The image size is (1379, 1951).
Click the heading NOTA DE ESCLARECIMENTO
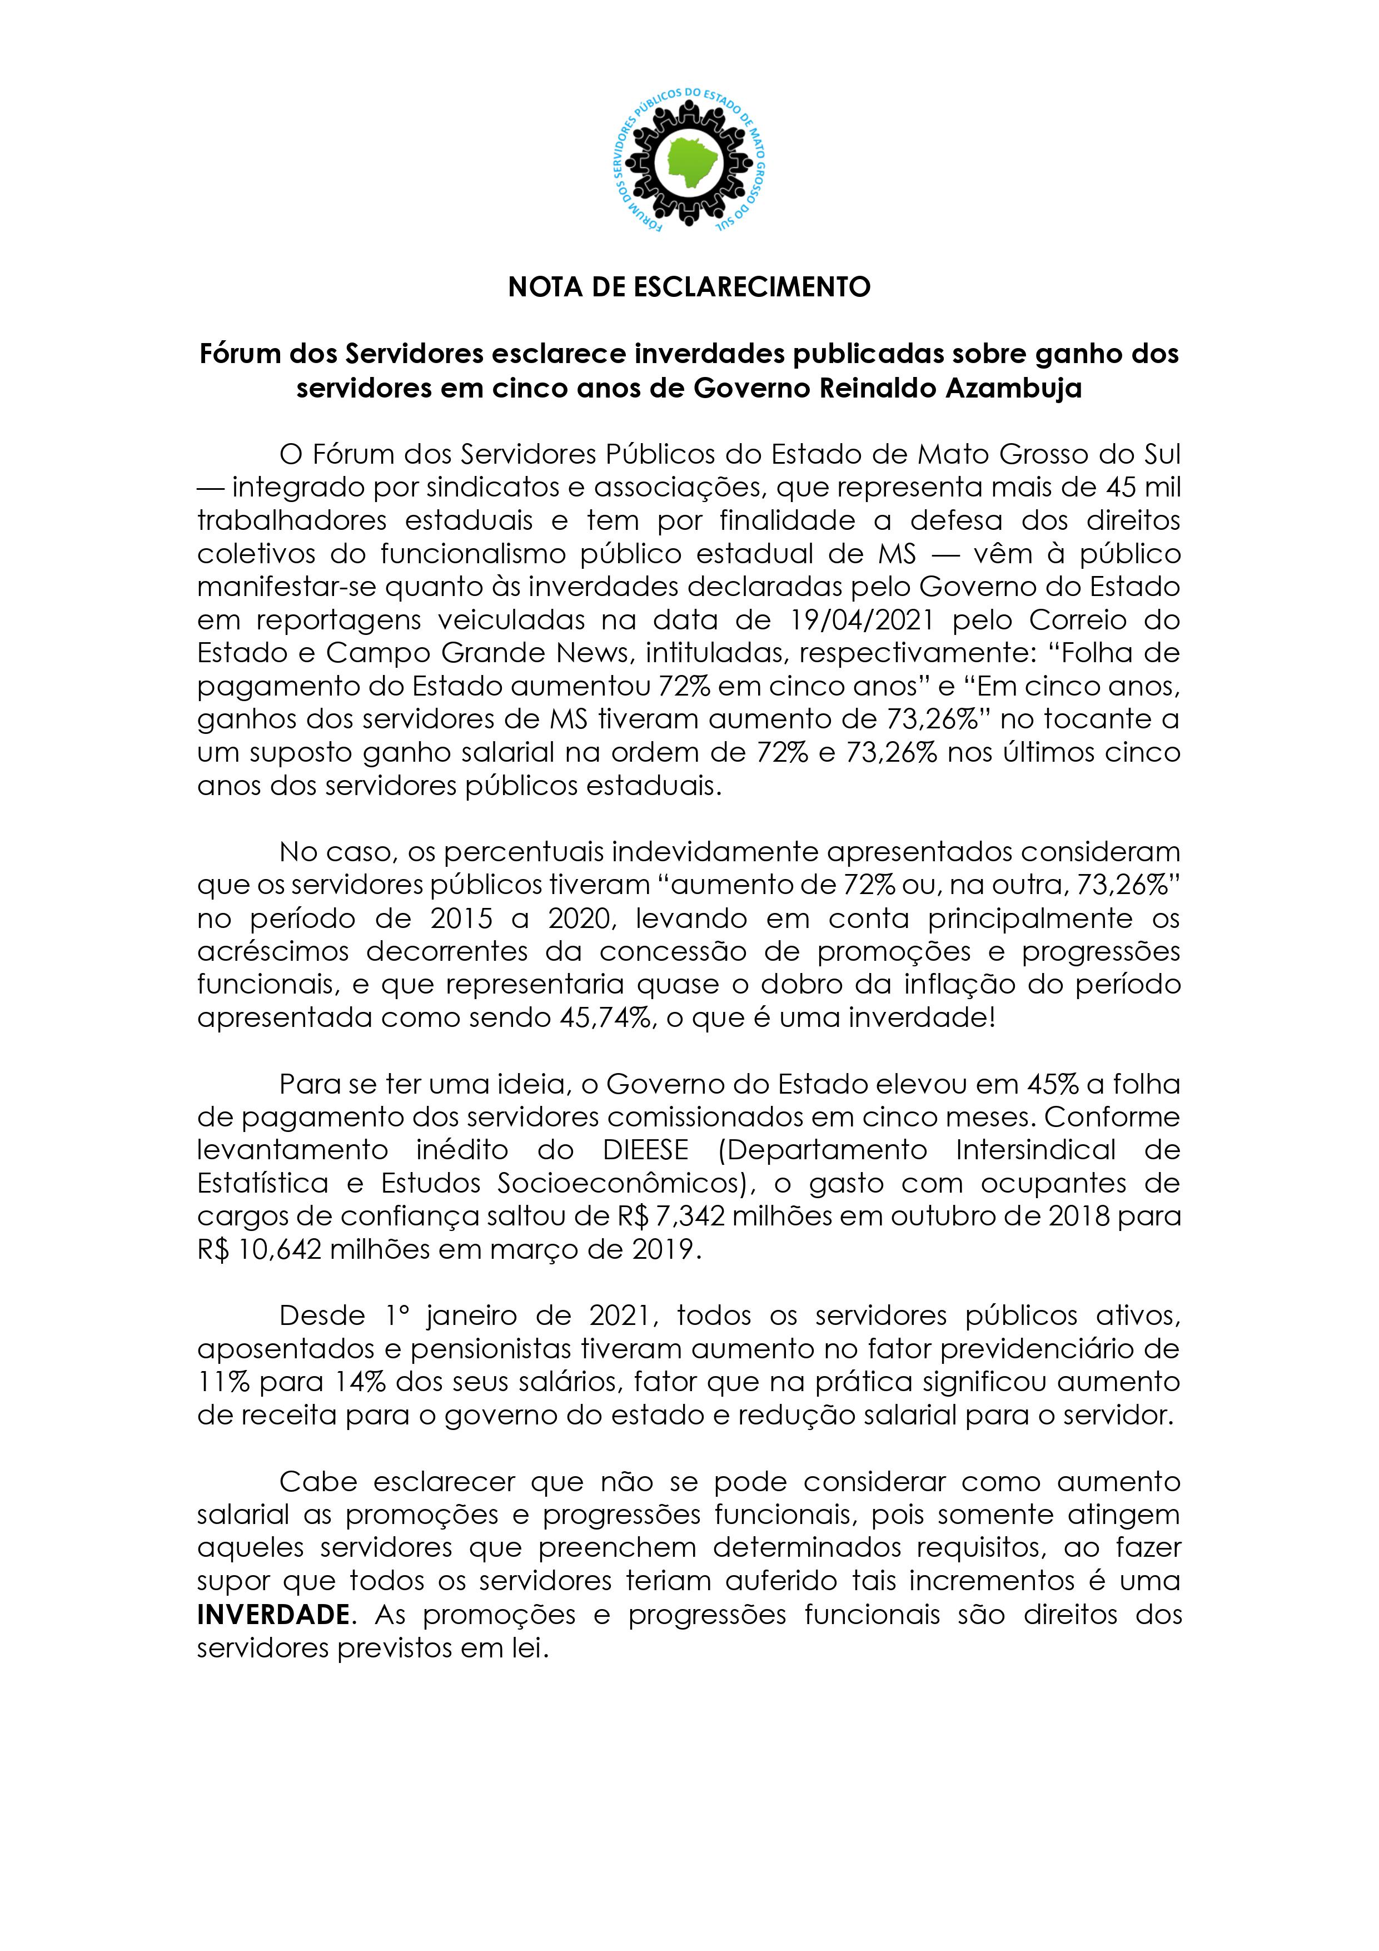[689, 287]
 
